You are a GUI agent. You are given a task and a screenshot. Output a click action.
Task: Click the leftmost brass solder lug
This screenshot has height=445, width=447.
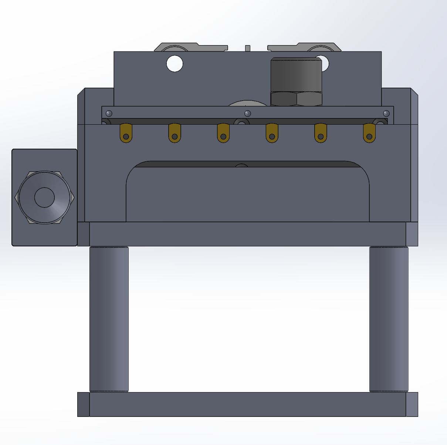pos(126,132)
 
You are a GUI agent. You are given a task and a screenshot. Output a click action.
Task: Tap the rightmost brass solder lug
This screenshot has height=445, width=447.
pos(369,132)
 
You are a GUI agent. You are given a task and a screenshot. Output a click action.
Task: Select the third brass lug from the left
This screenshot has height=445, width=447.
pos(223,132)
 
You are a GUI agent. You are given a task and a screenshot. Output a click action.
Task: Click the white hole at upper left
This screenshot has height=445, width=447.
pos(175,63)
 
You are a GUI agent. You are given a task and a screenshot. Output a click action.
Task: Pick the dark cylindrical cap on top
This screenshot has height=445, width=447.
pos(297,74)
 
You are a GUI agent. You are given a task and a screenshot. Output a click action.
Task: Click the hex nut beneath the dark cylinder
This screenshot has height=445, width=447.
pos(297,99)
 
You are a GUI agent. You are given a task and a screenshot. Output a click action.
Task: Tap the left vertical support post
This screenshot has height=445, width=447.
pos(109,318)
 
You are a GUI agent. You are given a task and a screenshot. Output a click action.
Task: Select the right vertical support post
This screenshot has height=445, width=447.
pos(389,318)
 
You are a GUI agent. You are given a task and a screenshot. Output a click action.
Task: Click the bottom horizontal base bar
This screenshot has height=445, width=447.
pos(248,404)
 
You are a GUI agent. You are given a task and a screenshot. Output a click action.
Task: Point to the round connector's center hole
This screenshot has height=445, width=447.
pos(44,197)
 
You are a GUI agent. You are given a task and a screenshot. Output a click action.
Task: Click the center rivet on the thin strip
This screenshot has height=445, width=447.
pos(248,113)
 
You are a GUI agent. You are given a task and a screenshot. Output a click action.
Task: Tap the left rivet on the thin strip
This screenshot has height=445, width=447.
pos(108,113)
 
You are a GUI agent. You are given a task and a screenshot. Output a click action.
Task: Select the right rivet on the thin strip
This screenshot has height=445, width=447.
pos(387,113)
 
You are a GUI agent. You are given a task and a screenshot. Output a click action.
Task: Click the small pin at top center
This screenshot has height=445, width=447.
pos(248,48)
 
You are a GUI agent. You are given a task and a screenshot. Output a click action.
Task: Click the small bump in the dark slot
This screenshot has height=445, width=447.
pos(242,165)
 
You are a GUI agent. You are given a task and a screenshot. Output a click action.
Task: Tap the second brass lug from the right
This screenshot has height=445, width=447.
pos(321,132)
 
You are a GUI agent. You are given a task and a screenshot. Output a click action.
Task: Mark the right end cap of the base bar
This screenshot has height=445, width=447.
pos(412,404)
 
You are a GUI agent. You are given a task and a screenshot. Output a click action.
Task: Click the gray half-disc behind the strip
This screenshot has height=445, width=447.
pos(247,103)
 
